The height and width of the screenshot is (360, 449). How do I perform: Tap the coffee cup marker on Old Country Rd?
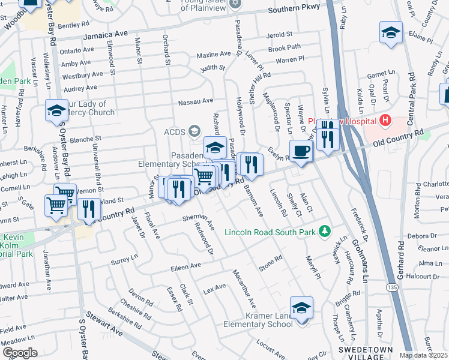[x=301, y=150]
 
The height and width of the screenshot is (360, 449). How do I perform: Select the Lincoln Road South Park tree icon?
[x=325, y=231]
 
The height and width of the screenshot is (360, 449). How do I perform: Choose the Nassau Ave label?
[x=195, y=101]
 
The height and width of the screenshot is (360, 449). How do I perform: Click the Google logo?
[x=20, y=353]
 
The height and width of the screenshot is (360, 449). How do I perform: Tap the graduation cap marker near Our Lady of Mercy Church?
[x=56, y=109]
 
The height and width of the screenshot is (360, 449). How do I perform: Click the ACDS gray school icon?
[x=194, y=130]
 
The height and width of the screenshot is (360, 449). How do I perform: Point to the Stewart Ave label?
[x=103, y=328]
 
